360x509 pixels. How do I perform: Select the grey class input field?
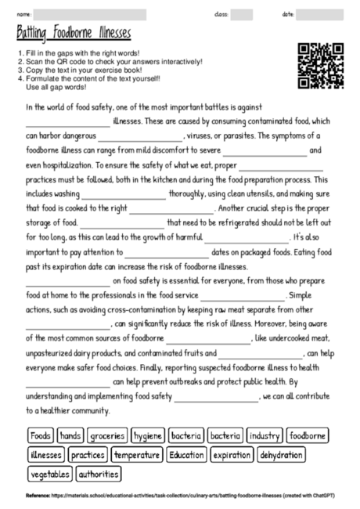click(x=242, y=14)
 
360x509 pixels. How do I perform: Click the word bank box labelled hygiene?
click(x=147, y=435)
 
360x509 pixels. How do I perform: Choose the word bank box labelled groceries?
click(x=106, y=435)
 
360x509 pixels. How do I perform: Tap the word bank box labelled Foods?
click(x=40, y=435)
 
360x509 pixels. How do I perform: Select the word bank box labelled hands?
click(x=70, y=435)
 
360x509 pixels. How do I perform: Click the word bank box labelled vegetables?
click(x=50, y=474)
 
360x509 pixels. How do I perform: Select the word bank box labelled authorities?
click(x=99, y=474)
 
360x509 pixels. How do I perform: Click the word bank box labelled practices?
click(x=87, y=455)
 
